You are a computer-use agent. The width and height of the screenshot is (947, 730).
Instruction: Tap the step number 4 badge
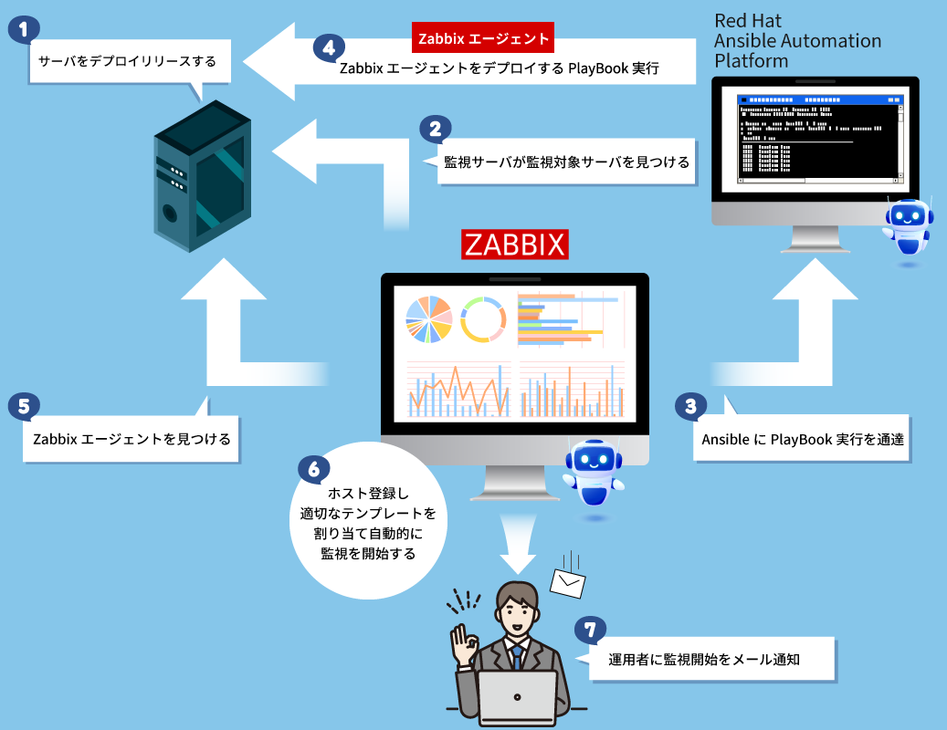pyautogui.click(x=329, y=48)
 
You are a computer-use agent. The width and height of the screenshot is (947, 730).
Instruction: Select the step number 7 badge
pyautogui.click(x=591, y=630)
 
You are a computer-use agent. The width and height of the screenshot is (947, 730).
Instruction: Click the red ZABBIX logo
pyautogui.click(x=515, y=245)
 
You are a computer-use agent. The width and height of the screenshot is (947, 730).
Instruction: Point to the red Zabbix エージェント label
pyautogui.click(x=483, y=38)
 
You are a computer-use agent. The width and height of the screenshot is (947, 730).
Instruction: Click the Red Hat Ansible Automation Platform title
pyautogui.click(x=797, y=41)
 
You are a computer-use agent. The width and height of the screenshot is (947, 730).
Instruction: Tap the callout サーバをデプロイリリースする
pyautogui.click(x=127, y=63)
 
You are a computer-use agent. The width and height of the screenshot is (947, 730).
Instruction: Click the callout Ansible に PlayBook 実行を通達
pyautogui.click(x=802, y=439)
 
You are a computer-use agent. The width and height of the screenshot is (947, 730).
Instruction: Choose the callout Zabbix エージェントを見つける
pyautogui.click(x=132, y=439)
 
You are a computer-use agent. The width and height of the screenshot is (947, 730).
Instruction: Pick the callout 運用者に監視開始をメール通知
pyautogui.click(x=704, y=659)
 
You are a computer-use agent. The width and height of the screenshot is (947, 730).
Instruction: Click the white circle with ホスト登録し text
pyautogui.click(x=368, y=523)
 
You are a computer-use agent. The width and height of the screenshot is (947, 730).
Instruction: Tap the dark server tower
pyautogui.click(x=201, y=177)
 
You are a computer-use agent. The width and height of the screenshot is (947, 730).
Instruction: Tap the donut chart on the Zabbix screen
pyautogui.click(x=483, y=319)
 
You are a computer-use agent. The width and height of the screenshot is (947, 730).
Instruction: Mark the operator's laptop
pyautogui.click(x=518, y=697)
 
